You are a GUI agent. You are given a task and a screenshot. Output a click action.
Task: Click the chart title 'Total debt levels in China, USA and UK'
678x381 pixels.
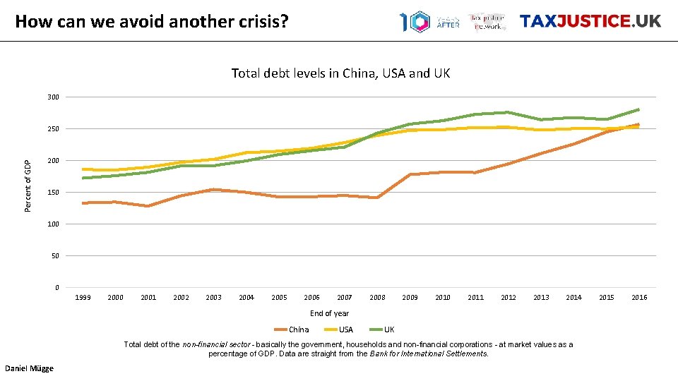(x=340, y=73)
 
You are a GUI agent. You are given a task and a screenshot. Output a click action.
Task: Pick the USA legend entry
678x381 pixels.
(x=346, y=329)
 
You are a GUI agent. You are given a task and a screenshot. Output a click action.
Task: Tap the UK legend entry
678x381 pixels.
(x=389, y=329)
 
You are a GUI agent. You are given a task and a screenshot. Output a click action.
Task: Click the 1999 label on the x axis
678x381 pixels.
(x=83, y=298)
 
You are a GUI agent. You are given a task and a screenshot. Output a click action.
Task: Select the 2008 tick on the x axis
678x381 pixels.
(x=377, y=298)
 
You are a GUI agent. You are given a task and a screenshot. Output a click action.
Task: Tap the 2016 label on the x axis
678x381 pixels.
(x=639, y=298)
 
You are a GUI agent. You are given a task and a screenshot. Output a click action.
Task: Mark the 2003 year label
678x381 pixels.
(x=213, y=298)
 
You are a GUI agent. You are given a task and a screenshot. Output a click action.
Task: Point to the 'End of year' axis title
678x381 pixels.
(x=329, y=313)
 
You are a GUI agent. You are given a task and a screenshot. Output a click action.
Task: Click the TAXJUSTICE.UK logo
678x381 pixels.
(x=590, y=21)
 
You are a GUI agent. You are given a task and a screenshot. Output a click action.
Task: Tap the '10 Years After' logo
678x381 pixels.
(x=429, y=21)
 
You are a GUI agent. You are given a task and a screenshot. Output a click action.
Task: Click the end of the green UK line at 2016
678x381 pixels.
(x=638, y=109)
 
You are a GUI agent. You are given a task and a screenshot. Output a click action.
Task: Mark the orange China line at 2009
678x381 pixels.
(x=410, y=174)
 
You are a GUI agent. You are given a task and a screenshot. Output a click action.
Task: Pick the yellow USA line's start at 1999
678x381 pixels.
(x=83, y=169)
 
